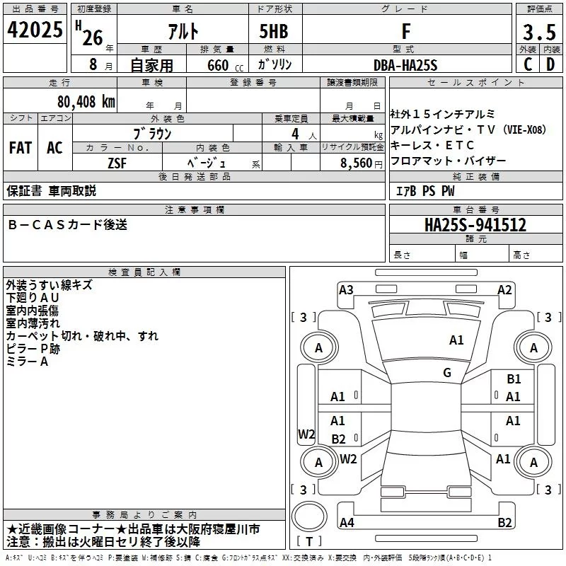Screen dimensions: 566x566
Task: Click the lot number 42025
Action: [35, 30]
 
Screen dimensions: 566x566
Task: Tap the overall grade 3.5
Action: [539, 32]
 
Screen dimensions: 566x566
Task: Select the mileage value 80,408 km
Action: [86, 101]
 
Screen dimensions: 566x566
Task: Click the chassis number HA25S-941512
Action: [475, 225]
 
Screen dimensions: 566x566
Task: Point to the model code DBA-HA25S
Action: [405, 65]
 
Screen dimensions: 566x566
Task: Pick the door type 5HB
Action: [274, 31]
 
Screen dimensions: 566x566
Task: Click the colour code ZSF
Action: [117, 163]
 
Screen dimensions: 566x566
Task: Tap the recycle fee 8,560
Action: [356, 163]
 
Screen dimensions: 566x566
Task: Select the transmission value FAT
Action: [21, 148]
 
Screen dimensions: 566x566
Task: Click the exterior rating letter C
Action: [528, 64]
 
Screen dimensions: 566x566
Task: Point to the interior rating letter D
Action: [550, 64]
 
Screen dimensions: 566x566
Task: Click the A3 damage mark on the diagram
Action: [346, 290]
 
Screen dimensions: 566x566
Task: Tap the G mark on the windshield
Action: [447, 372]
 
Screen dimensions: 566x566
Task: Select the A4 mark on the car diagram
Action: [347, 522]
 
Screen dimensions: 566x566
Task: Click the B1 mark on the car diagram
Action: [514, 379]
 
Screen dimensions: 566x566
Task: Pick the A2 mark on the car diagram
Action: [504, 290]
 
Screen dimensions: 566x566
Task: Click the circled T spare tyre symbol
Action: [309, 516]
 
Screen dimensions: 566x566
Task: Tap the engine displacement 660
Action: [218, 65]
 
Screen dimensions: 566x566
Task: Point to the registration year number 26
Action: [93, 37]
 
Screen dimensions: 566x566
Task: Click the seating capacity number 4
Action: [295, 134]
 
